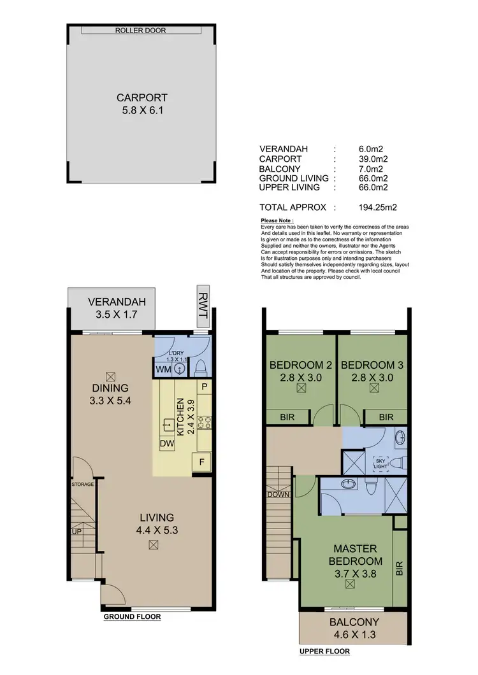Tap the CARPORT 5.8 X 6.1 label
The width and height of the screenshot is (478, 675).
click(142, 104)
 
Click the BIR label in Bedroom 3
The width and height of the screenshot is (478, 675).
click(386, 417)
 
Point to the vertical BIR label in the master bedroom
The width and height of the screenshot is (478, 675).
click(400, 569)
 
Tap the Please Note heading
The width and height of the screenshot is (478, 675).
click(277, 220)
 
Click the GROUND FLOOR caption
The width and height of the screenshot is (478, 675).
click(132, 616)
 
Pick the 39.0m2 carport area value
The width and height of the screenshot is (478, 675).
click(373, 159)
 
